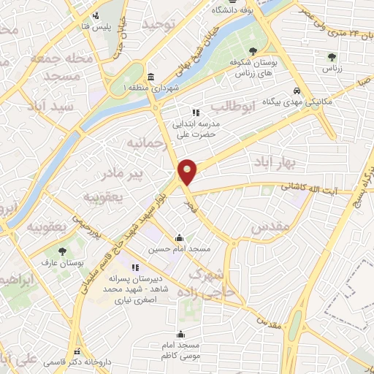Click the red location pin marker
point(188,172)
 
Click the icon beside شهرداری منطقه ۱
point(151,77)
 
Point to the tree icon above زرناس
point(332,57)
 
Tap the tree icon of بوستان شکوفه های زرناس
point(253,51)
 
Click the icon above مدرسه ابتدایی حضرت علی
point(195,112)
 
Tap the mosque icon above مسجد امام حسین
point(179,237)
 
